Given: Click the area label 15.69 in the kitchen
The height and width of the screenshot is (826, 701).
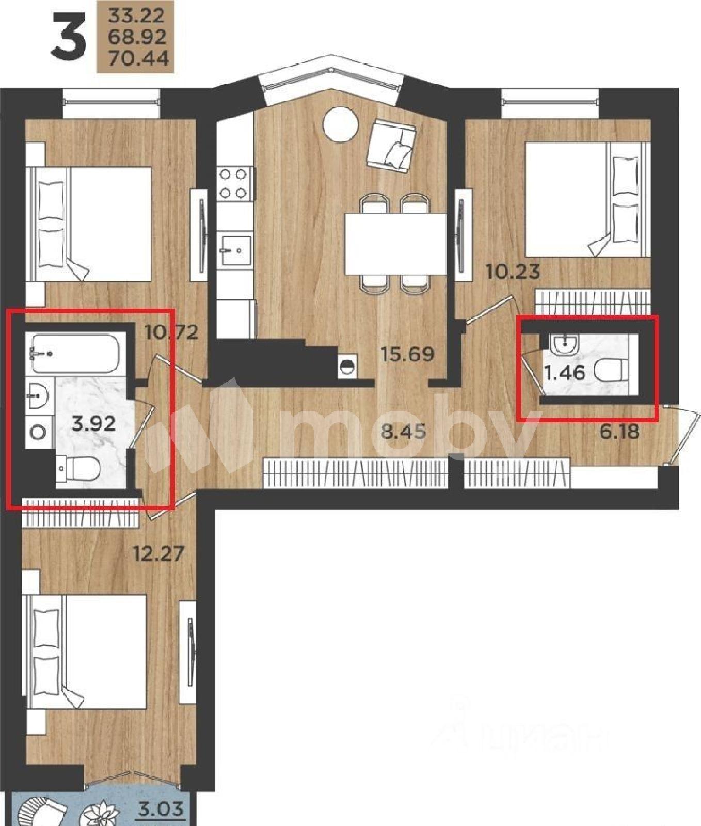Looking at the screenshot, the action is tap(407, 354).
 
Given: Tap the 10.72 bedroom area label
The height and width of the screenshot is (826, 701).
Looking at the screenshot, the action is tap(172, 332).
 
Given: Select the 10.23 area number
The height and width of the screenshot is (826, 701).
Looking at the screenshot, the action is tap(513, 271).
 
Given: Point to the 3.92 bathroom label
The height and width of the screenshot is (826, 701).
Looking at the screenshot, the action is tap(93, 424).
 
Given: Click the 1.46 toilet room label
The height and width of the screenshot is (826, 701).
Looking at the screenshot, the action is tap(565, 372).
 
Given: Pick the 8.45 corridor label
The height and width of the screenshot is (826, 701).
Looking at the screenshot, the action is tap(403, 431).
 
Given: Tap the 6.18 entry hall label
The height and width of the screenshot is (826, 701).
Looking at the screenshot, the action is tap(619, 431).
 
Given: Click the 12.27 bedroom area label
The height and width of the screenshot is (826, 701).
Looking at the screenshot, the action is tap(158, 554).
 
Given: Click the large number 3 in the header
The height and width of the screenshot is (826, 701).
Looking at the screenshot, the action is tap(69, 36).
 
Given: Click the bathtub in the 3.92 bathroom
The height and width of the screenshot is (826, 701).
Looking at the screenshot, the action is tap(75, 354).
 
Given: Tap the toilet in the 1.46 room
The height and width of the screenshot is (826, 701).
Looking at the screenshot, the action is tap(612, 371).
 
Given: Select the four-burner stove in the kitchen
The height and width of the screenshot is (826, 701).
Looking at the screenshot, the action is tap(233, 184).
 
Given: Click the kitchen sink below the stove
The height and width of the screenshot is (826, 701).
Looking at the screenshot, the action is tap(234, 250).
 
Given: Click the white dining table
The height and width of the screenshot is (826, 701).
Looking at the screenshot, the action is tap(395, 245).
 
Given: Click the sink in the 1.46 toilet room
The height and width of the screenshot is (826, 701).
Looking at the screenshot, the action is tap(565, 344).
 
